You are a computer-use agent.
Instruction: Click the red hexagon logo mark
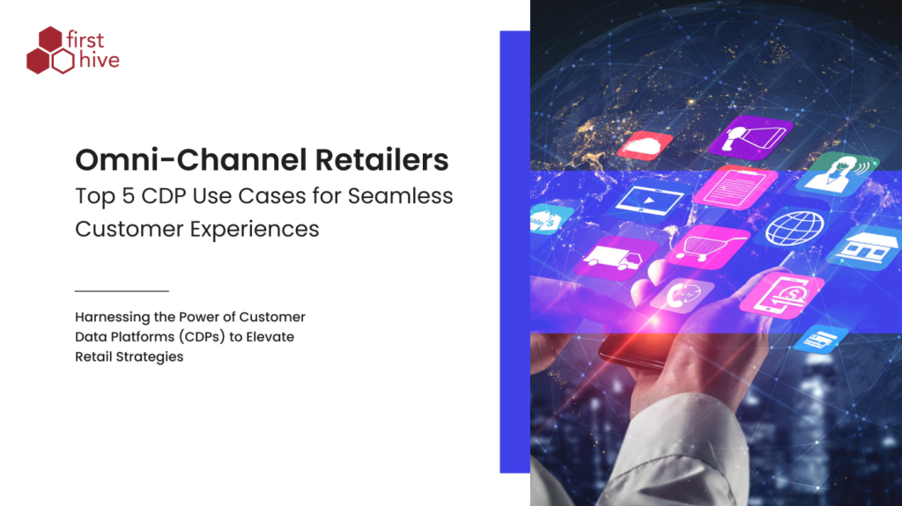[x=50, y=50]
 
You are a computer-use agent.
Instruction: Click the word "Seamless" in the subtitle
[x=409, y=195]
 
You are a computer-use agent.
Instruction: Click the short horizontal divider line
[x=122, y=290]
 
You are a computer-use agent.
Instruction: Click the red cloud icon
[x=645, y=145]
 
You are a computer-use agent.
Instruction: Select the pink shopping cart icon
[x=705, y=247]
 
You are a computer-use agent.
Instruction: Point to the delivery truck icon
[x=615, y=257]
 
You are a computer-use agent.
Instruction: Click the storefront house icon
[x=866, y=246]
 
